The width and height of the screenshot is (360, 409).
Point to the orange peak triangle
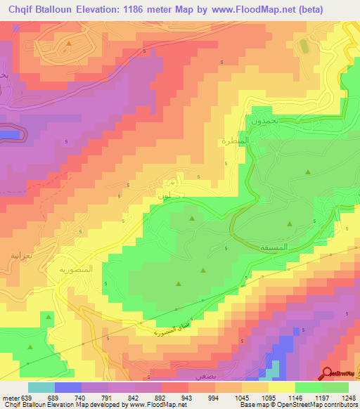click(x=69, y=44)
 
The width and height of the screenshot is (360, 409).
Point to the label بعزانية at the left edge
click(x=15, y=257)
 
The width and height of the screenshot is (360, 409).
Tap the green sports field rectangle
click(x=304, y=48)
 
